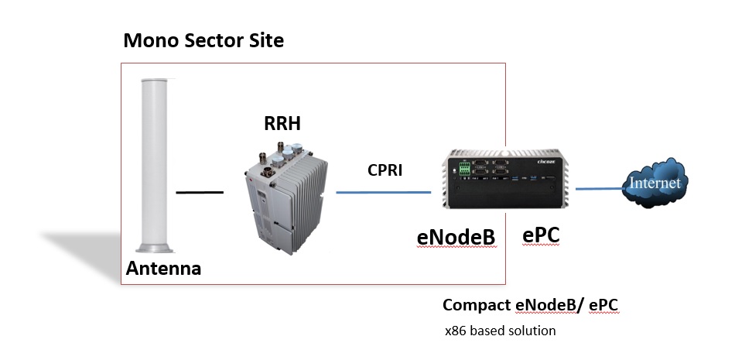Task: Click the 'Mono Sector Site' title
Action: pos(203,40)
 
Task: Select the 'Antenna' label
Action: pos(163,269)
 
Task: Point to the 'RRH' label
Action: pos(283,123)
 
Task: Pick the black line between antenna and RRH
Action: pos(200,191)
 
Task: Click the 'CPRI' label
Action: pos(385,170)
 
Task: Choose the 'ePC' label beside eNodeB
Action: pos(541,236)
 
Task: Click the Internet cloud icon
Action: pos(655,184)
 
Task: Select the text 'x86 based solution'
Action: pos(500,331)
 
